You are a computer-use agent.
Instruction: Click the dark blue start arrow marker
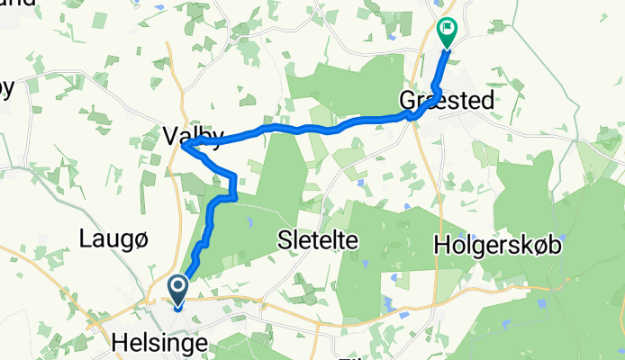coord(177,290)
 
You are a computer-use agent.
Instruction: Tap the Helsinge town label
coord(158,343)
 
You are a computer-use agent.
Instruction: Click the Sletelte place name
coord(318,240)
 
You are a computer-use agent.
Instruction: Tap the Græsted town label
coord(448,100)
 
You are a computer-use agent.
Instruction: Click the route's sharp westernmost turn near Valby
coord(184,147)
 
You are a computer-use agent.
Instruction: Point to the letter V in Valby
coord(170,136)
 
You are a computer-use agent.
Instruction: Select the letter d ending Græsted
coord(487,100)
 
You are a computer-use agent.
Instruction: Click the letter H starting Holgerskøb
coord(440,244)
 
